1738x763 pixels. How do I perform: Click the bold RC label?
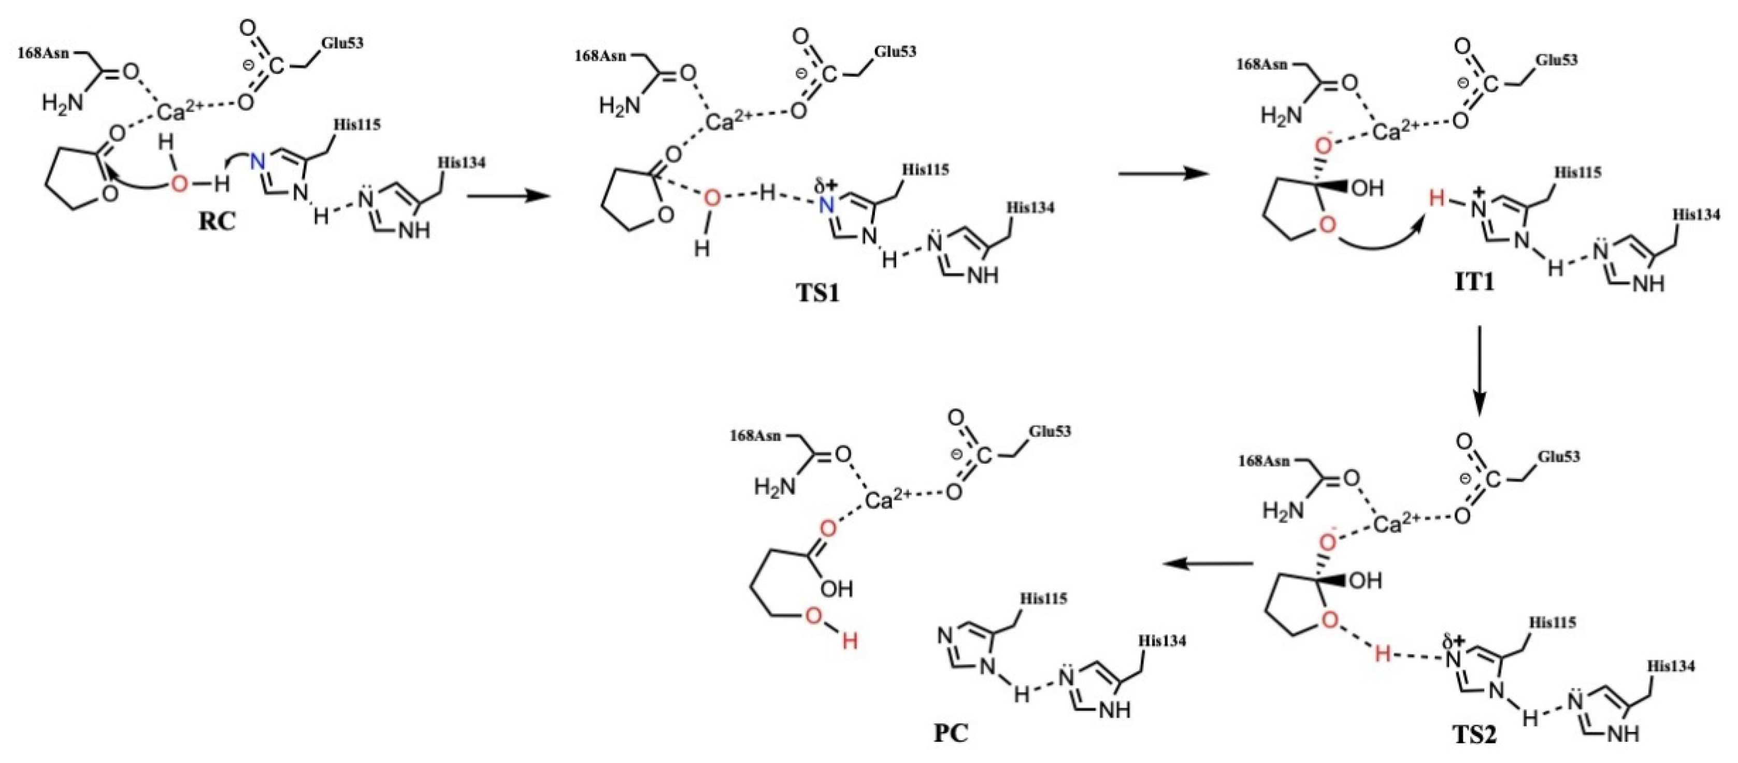point(217,221)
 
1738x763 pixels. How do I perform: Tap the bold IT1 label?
point(1474,281)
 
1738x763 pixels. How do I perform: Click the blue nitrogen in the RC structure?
point(257,162)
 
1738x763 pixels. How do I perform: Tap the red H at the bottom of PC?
point(850,640)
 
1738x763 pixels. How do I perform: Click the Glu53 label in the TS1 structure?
point(895,52)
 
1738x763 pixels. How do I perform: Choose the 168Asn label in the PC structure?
point(755,436)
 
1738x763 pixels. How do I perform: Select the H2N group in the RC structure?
point(62,103)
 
